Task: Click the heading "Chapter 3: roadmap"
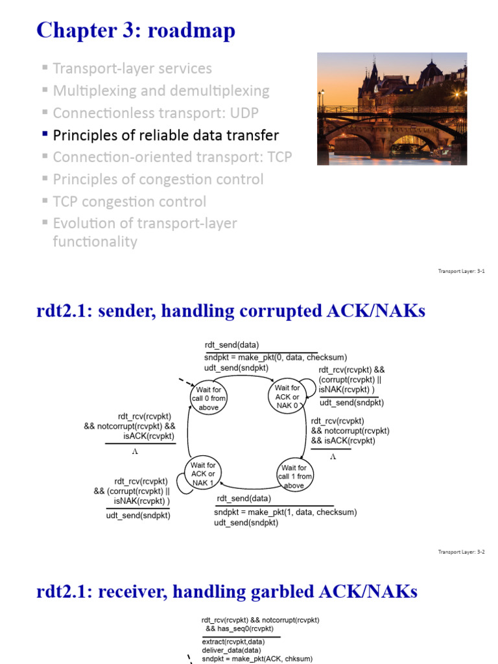pos(136,30)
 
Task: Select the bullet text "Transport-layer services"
pos(132,68)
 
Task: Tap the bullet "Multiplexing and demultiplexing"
pos(160,91)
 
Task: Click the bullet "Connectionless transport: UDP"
pos(156,113)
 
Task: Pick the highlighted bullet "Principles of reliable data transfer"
pos(165,136)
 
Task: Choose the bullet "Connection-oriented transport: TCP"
pos(172,158)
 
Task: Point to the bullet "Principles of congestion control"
pos(158,180)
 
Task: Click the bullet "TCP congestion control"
pos(129,202)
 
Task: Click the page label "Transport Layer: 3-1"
pos(462,271)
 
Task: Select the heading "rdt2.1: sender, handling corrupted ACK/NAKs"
pos(231,311)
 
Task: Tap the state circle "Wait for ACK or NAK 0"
pos(287,397)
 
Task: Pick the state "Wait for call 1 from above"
pos(296,476)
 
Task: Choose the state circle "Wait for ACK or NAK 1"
pos(203,474)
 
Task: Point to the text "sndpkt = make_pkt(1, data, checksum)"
pos(285,512)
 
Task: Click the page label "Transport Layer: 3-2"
pos(462,552)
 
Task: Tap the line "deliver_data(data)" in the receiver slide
pos(231,650)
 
